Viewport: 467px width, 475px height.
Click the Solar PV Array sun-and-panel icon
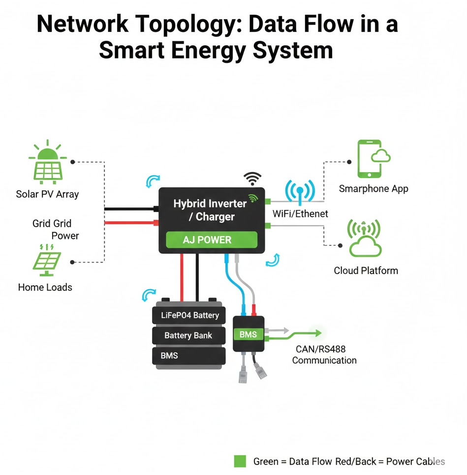tap(47, 162)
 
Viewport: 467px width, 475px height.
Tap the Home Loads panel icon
tap(47, 260)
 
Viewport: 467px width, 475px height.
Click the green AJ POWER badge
tap(212, 240)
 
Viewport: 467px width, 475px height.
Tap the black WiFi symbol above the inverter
tap(252, 178)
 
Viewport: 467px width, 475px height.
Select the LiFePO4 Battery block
tap(189, 315)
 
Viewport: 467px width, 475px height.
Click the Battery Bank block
tap(189, 335)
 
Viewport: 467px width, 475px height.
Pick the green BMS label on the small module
tap(248, 334)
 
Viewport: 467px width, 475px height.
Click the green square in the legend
tap(240, 461)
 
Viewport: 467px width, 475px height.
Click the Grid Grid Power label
tap(55, 230)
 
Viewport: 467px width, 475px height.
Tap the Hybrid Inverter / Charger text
tap(210, 210)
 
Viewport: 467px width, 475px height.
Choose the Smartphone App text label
tap(373, 189)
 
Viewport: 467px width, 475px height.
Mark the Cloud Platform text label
tap(366, 270)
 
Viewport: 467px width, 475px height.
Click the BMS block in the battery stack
tap(189, 356)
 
